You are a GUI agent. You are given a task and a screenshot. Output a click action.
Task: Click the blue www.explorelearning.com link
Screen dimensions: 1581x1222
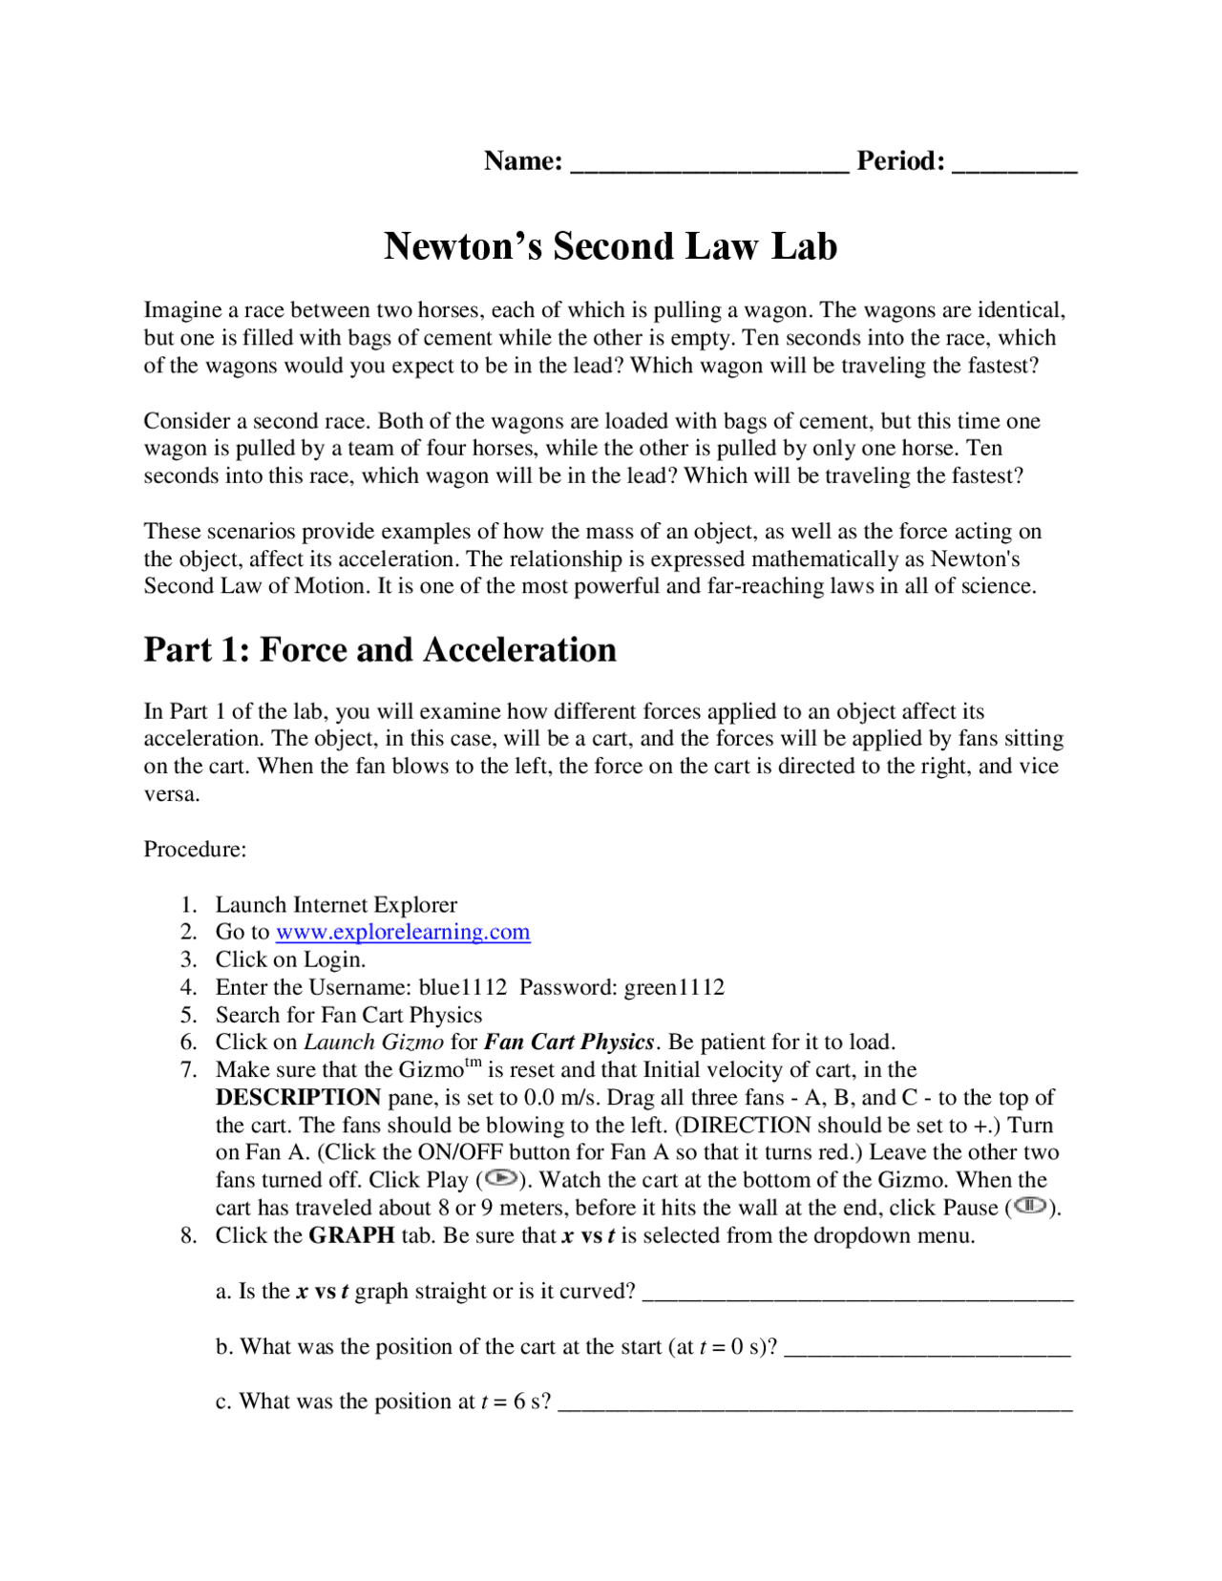pos(402,932)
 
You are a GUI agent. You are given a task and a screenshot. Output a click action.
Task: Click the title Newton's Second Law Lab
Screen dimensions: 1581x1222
pos(610,246)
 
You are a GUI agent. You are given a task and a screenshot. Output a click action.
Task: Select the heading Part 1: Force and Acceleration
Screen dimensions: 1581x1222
pos(380,650)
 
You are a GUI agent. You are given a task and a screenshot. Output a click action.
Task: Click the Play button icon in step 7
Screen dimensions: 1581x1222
pos(500,1178)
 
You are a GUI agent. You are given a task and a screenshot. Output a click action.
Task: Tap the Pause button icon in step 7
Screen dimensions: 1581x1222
pos(1030,1206)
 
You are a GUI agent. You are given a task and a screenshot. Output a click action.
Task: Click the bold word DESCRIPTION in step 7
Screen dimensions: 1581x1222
pos(298,1098)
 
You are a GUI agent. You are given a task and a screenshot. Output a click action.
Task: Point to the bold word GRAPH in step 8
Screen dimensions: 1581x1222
pos(351,1235)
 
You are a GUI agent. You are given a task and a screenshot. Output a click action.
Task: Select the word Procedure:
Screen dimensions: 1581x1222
pos(195,850)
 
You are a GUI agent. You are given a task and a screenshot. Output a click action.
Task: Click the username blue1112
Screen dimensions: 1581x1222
pos(463,987)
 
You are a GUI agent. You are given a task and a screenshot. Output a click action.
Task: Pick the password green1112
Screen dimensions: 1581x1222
pos(674,987)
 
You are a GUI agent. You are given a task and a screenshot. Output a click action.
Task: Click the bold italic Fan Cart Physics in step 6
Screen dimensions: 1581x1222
pos(568,1043)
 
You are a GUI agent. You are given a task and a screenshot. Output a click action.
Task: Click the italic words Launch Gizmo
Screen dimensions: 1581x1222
pos(373,1043)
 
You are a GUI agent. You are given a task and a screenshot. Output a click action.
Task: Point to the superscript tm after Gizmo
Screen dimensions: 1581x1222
pos(473,1064)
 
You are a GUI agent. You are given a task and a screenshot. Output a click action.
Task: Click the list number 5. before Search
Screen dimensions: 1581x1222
pos(188,1015)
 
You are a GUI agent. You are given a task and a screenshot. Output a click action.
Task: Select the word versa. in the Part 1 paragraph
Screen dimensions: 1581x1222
pos(172,794)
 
